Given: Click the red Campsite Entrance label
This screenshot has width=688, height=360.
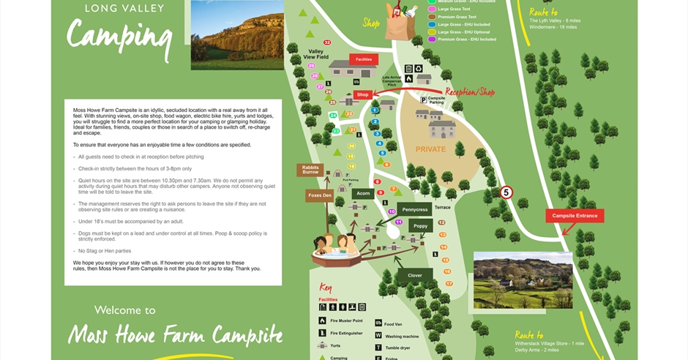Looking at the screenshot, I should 575,215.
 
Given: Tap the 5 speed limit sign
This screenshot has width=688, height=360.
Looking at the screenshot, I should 506,192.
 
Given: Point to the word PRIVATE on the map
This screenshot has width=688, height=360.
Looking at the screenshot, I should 430,149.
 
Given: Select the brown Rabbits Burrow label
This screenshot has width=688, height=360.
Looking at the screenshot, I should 310,170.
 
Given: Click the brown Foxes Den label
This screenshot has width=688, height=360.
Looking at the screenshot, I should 319,195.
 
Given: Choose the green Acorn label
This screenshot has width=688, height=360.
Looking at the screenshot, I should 362,193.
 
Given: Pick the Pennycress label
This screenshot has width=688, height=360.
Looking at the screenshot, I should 414,209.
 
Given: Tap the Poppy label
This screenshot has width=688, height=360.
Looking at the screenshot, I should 420,226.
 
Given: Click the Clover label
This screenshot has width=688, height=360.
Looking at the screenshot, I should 414,275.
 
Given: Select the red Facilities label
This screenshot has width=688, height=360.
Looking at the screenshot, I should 364,59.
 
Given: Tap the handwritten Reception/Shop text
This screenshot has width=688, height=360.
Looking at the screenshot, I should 470,92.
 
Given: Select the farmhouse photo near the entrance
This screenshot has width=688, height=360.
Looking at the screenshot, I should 523,280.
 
